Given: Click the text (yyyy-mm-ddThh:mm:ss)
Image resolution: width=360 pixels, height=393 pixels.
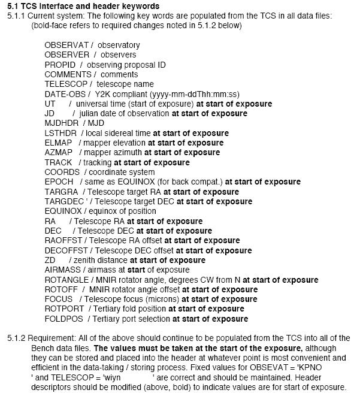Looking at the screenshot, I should coord(189,94).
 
